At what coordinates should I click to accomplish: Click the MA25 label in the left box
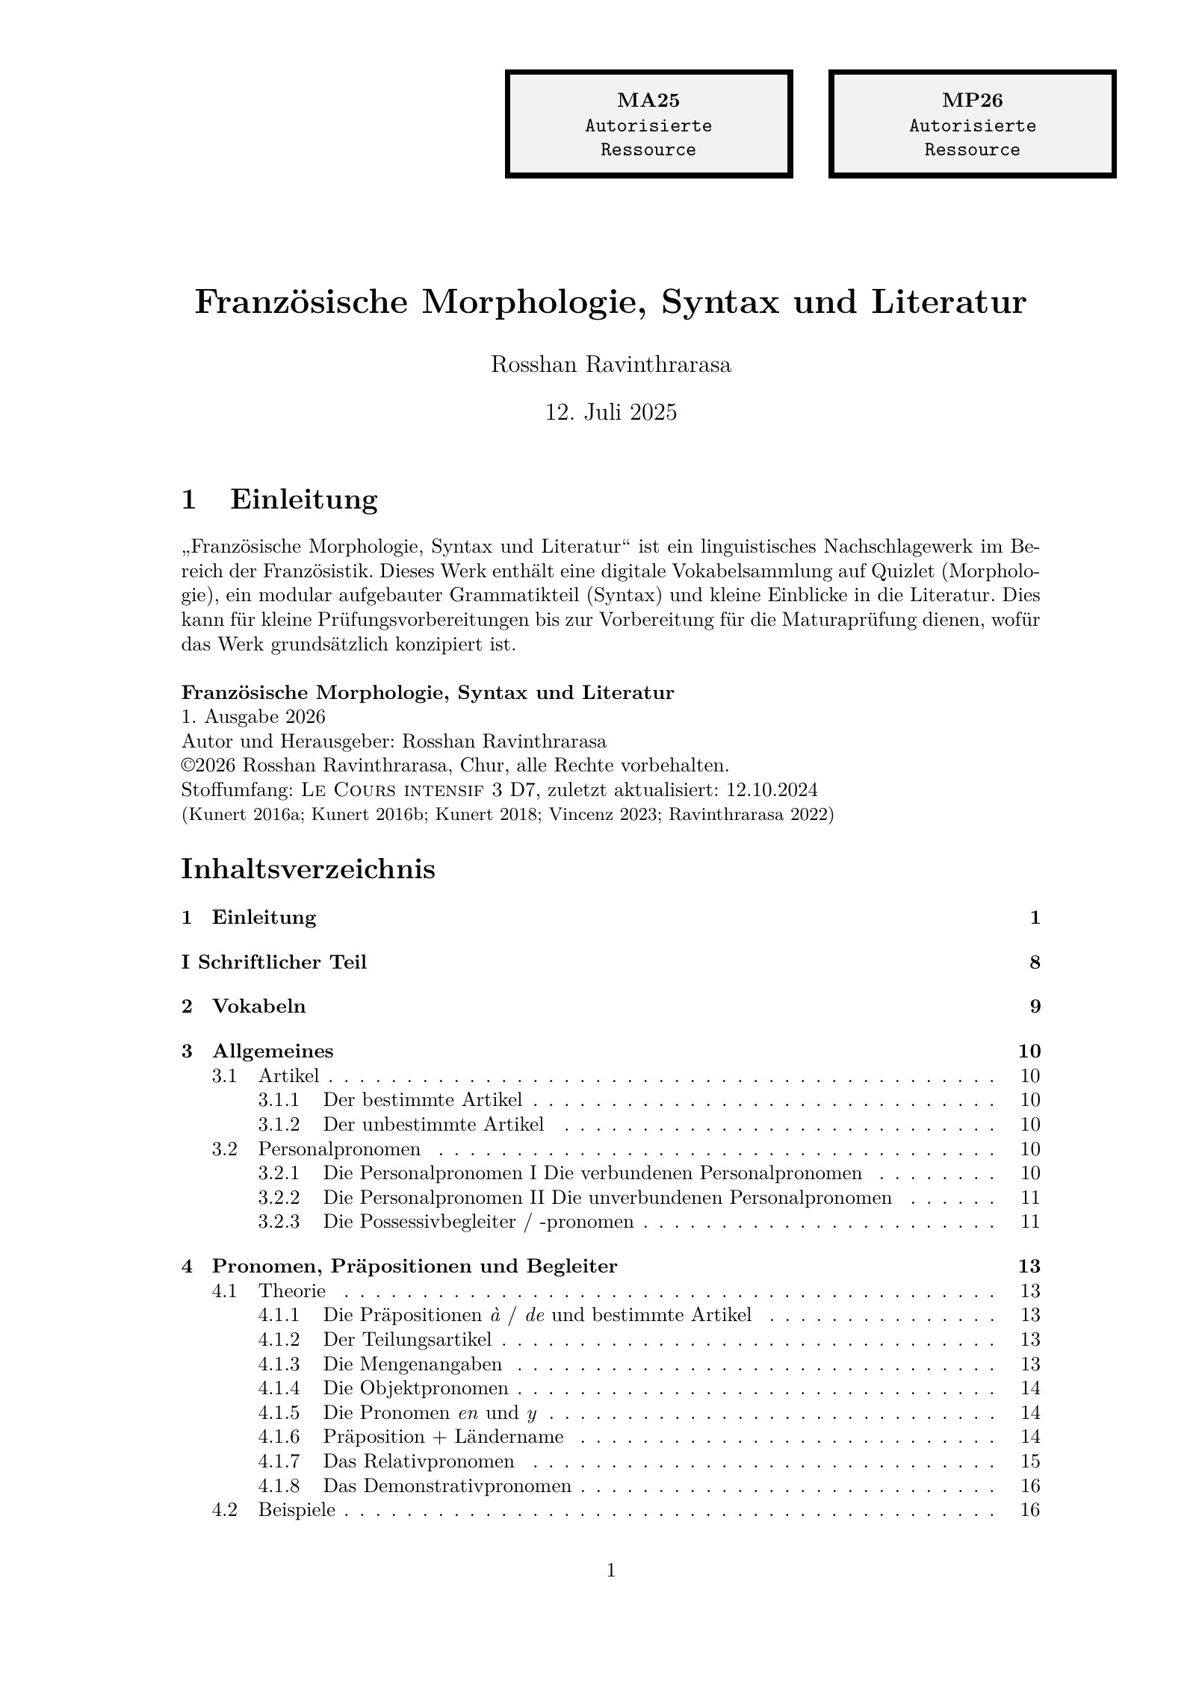pyautogui.click(x=648, y=100)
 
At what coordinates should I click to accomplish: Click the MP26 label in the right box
pyautogui.click(x=971, y=100)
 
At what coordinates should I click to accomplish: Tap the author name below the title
pyautogui.click(x=610, y=365)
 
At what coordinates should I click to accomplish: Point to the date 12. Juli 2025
pyautogui.click(x=610, y=412)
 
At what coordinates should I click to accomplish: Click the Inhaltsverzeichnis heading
pyautogui.click(x=308, y=869)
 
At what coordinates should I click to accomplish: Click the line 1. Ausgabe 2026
pyautogui.click(x=253, y=717)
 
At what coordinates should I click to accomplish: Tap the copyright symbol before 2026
pyautogui.click(x=187, y=765)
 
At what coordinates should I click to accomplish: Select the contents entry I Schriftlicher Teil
pyautogui.click(x=274, y=962)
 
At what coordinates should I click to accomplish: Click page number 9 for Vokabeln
pyautogui.click(x=1035, y=1007)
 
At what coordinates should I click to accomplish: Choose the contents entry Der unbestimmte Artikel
pyautogui.click(x=433, y=1124)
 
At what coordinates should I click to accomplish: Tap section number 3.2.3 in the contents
pyautogui.click(x=279, y=1222)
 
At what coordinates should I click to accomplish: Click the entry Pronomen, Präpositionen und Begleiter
pyautogui.click(x=415, y=1267)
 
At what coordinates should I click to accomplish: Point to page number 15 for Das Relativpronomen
pyautogui.click(x=1029, y=1461)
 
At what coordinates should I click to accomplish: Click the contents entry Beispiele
pyautogui.click(x=297, y=1509)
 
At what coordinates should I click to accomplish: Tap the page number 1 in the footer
pyautogui.click(x=610, y=1570)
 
